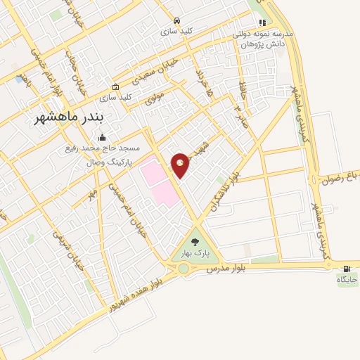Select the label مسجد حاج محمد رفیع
pyautogui.click(x=102, y=148)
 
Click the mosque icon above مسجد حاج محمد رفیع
pyautogui.click(x=103, y=136)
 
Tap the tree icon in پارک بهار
pyautogui.click(x=195, y=241)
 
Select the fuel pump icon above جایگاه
pyautogui.click(x=347, y=268)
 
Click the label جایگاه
pyautogui.click(x=347, y=279)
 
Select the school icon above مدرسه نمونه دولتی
pyautogui.click(x=263, y=23)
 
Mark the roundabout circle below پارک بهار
pyautogui.click(x=184, y=268)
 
